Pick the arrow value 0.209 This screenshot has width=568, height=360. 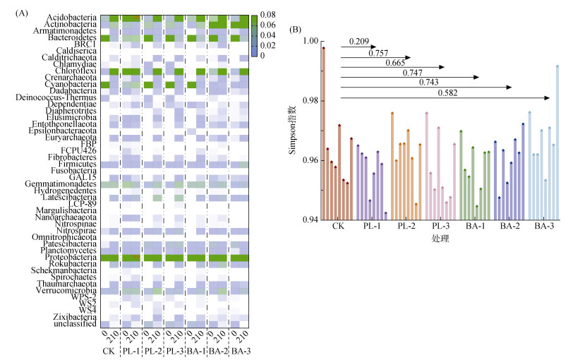358,42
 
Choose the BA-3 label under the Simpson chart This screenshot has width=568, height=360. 544,227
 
